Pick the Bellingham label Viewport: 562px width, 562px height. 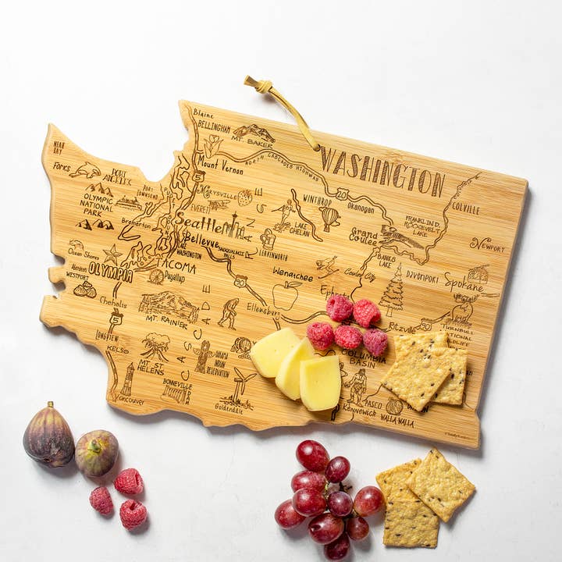(x=213, y=126)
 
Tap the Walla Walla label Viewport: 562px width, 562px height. (x=397, y=421)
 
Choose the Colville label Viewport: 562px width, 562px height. (x=466, y=208)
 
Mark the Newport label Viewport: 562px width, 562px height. (x=487, y=244)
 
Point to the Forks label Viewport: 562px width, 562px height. (x=61, y=166)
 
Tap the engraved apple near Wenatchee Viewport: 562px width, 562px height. (x=286, y=296)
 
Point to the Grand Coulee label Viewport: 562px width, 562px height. (x=364, y=237)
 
